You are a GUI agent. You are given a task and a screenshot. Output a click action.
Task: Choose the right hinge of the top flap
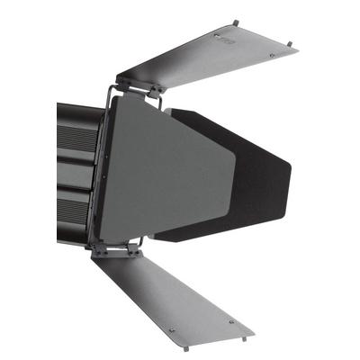pyautogui.click(x=156, y=89)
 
